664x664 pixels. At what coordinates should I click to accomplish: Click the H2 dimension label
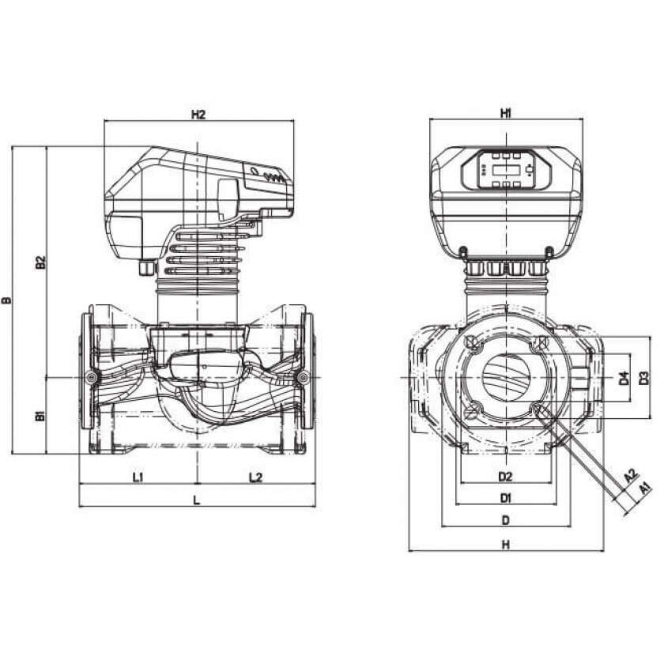(x=198, y=115)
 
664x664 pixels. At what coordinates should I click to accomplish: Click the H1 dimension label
(x=506, y=114)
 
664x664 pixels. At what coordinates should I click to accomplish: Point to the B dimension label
(x=8, y=301)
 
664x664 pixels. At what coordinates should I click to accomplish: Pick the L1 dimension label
(x=138, y=477)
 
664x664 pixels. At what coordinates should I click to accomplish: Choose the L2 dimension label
(x=255, y=477)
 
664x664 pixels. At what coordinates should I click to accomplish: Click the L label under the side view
(x=197, y=500)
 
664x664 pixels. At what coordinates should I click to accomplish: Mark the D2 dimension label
(x=506, y=477)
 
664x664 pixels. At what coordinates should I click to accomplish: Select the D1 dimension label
(x=506, y=499)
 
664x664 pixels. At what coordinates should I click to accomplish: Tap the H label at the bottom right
(x=506, y=545)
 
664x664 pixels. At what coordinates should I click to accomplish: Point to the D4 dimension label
(x=624, y=379)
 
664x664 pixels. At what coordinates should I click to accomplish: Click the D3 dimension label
(x=644, y=379)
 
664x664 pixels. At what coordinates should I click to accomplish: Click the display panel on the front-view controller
(x=506, y=170)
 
